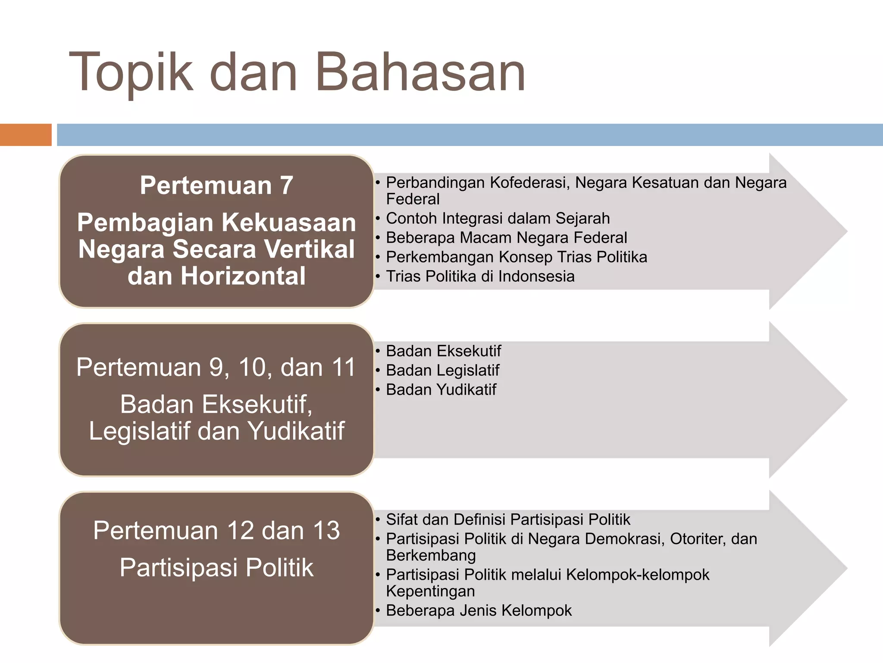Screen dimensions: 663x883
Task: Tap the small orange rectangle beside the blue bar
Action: pos(25,135)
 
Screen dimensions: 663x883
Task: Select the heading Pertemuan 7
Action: pos(216,186)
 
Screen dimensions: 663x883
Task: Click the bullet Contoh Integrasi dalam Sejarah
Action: pos(498,218)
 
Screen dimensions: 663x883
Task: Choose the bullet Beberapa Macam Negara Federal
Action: pos(506,238)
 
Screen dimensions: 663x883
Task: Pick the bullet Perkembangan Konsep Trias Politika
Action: pos(516,257)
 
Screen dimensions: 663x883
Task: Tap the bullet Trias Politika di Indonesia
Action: pos(480,276)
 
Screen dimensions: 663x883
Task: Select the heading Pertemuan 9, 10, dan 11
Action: pos(216,368)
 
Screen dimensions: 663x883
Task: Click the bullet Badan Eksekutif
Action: pos(443,351)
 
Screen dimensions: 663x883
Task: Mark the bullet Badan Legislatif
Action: pos(442,370)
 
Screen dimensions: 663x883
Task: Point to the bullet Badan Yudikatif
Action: pos(441,390)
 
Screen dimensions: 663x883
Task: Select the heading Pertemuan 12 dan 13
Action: pos(216,530)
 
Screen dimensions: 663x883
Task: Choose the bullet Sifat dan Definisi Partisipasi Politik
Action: pos(507,519)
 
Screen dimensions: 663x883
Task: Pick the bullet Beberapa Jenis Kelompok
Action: pos(479,611)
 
